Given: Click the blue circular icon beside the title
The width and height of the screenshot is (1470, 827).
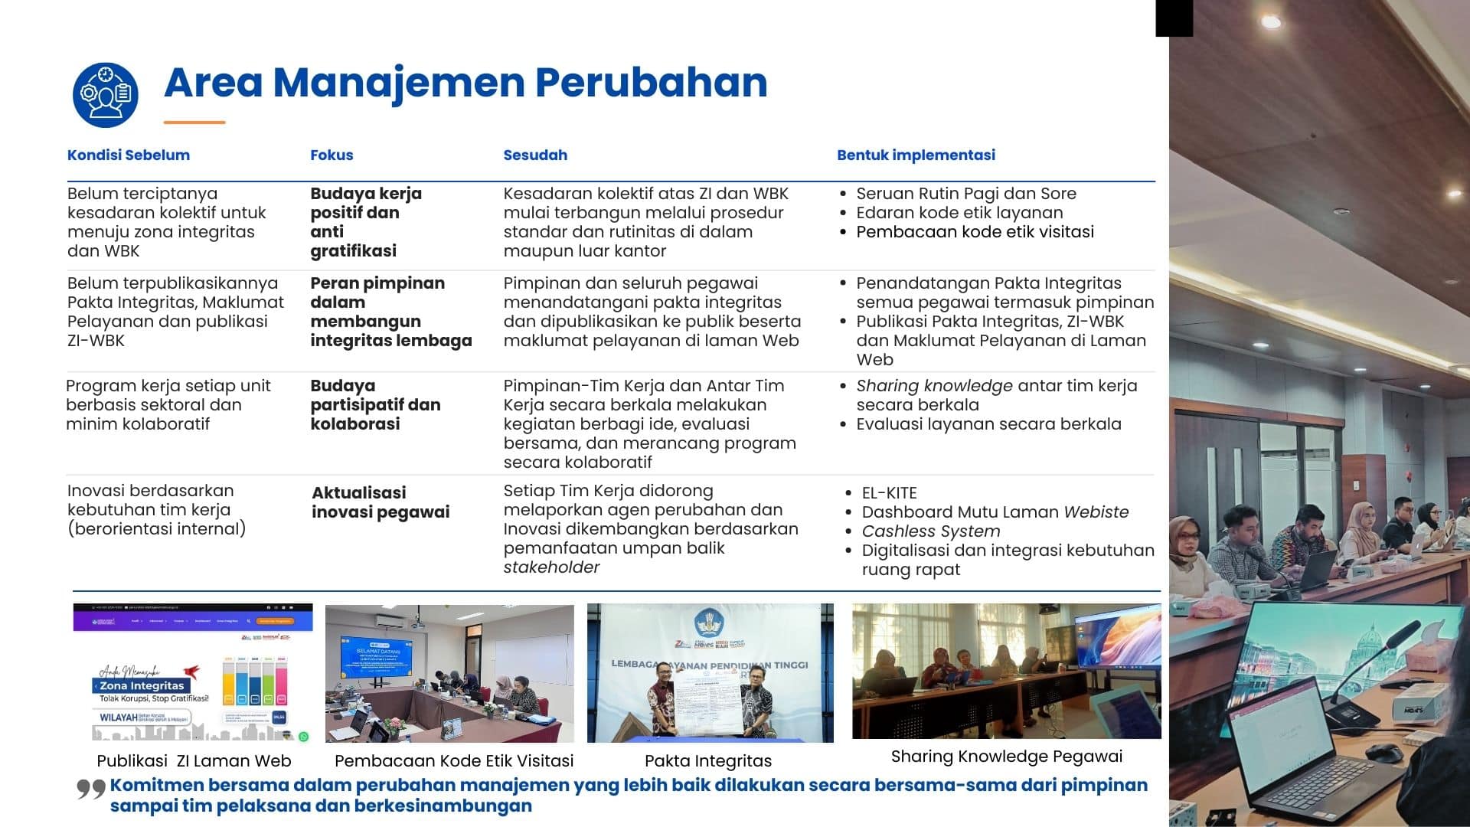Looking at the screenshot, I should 106,95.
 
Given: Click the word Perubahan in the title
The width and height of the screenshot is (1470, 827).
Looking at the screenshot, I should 651,83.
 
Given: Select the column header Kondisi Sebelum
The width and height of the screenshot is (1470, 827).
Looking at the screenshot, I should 129,155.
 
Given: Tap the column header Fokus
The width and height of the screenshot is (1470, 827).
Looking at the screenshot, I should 332,155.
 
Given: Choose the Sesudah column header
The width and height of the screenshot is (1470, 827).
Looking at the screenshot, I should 535,155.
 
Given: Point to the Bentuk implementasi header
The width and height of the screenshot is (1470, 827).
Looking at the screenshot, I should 916,155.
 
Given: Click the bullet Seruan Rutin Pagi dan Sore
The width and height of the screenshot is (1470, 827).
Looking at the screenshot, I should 965,194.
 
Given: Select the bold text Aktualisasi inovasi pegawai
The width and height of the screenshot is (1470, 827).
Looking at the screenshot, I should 381,502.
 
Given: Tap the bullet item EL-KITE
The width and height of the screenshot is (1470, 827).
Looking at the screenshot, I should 889,493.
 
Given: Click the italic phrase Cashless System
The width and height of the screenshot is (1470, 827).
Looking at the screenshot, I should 930,531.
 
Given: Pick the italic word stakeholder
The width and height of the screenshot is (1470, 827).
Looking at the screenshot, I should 551,567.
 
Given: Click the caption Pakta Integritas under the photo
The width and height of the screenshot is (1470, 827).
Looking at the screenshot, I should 707,761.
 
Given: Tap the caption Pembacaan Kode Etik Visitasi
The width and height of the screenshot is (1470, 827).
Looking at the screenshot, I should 454,761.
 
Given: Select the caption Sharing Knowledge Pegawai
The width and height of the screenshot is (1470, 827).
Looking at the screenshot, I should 1006,757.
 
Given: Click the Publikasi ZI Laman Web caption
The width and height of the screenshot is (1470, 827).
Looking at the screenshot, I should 194,761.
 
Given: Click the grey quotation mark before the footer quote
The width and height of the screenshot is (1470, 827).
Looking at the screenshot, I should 90,789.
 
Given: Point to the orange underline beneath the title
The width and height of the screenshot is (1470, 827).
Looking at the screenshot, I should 194,123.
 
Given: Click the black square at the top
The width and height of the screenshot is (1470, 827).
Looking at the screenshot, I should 1174,18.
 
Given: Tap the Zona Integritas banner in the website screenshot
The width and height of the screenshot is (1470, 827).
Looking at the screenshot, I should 142,685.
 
